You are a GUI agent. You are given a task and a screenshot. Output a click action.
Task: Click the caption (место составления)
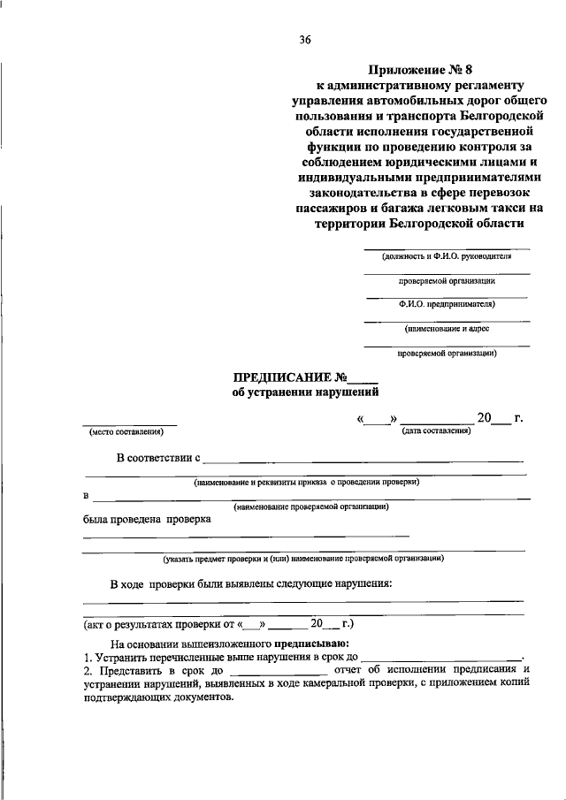(x=126, y=431)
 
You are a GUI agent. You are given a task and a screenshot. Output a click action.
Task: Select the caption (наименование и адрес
(x=447, y=329)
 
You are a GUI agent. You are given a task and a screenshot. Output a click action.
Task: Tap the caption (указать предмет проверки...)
(x=302, y=559)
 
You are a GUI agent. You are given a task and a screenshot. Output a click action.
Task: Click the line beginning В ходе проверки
(x=251, y=584)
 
